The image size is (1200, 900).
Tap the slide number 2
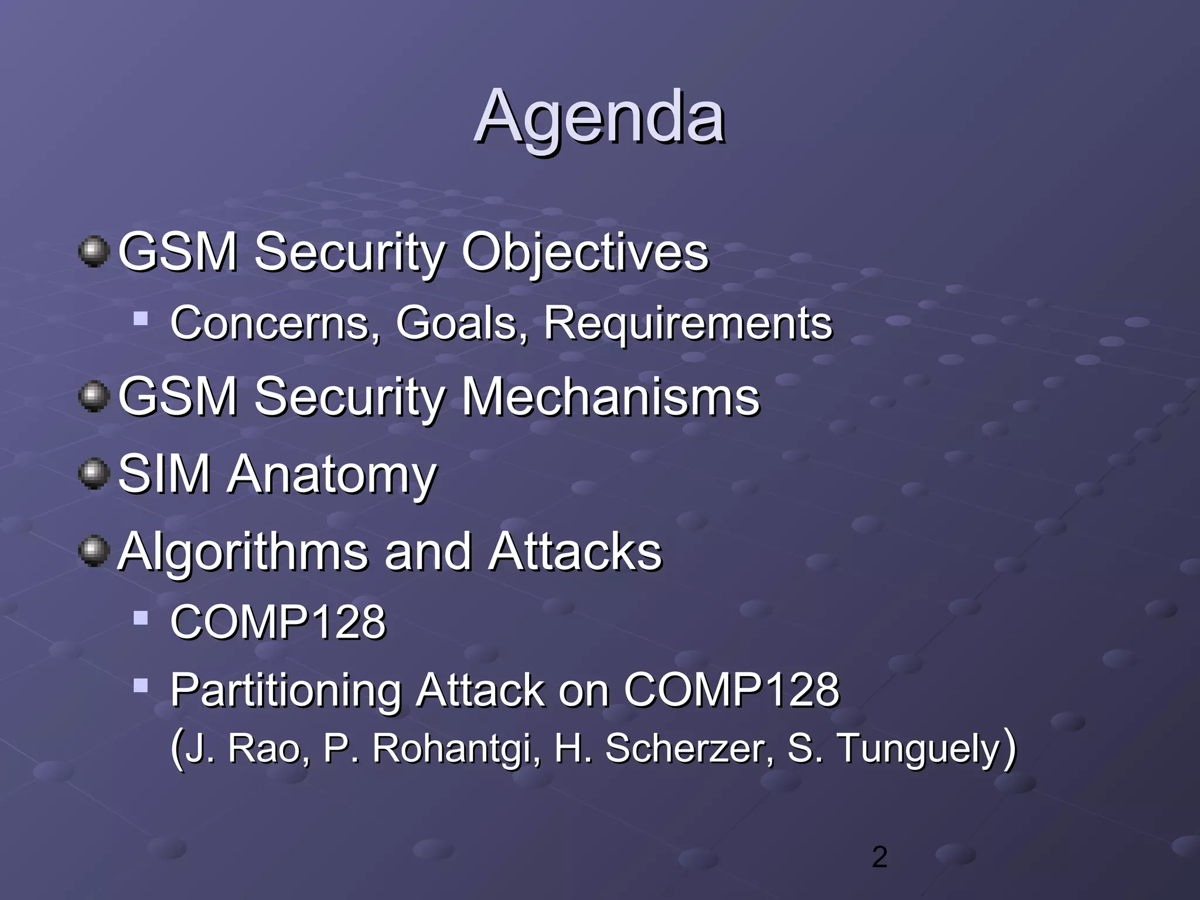(x=879, y=857)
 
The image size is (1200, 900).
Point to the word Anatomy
(x=332, y=475)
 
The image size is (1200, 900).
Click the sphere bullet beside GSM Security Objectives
(x=93, y=252)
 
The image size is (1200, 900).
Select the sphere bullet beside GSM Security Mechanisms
(x=93, y=397)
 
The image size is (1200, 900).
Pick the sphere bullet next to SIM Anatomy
(x=93, y=473)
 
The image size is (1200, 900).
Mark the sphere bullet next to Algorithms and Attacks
(x=93, y=551)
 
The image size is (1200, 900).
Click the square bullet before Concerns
(x=141, y=319)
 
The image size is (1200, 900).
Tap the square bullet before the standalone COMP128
(x=141, y=618)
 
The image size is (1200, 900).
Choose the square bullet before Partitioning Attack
(x=141, y=685)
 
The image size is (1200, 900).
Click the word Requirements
(x=688, y=323)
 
